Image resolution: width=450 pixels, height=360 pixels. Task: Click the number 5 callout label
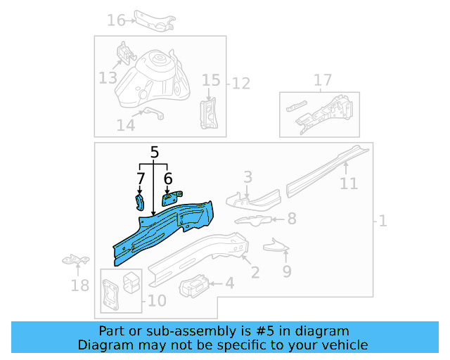click(x=155, y=152)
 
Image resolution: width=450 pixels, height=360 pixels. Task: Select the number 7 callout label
click(x=141, y=179)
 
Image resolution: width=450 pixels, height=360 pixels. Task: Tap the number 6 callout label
click(x=168, y=179)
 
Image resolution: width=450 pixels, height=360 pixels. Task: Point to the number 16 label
click(x=116, y=20)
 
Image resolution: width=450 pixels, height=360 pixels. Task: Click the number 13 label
click(x=108, y=78)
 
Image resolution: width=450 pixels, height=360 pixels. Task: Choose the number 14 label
click(x=126, y=125)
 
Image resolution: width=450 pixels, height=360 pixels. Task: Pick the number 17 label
click(x=323, y=80)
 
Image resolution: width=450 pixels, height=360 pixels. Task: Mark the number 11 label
click(x=349, y=184)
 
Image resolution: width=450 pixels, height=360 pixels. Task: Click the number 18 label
click(x=79, y=285)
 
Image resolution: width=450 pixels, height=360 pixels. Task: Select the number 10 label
click(x=157, y=301)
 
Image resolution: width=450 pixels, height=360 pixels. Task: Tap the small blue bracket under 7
click(x=139, y=202)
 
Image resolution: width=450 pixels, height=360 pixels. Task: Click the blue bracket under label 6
click(x=172, y=198)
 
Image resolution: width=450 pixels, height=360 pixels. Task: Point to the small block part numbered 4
click(x=193, y=286)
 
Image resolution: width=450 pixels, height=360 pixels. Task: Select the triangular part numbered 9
click(x=276, y=245)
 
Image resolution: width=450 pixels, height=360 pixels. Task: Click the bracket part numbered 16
click(x=155, y=21)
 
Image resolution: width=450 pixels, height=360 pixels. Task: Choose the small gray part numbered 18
click(x=76, y=259)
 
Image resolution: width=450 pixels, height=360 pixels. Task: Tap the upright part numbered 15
click(x=209, y=114)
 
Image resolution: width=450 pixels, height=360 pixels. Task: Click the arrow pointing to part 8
click(x=278, y=219)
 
